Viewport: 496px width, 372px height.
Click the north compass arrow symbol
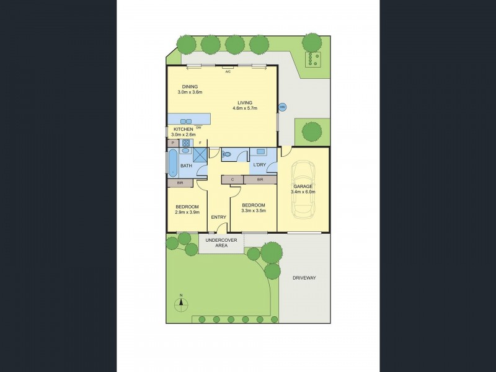coord(182,303)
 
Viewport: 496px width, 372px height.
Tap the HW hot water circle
coord(282,107)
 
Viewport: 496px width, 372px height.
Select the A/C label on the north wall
coord(228,72)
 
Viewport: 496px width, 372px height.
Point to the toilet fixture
coord(226,154)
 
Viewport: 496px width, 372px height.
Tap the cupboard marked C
coord(232,180)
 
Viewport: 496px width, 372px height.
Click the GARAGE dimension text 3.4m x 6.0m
coord(303,192)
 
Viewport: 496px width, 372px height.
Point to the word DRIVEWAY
coord(304,278)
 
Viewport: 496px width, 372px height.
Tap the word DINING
coord(190,86)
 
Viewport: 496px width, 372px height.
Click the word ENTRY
coord(218,217)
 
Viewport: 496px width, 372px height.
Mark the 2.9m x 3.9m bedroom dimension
coord(187,212)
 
